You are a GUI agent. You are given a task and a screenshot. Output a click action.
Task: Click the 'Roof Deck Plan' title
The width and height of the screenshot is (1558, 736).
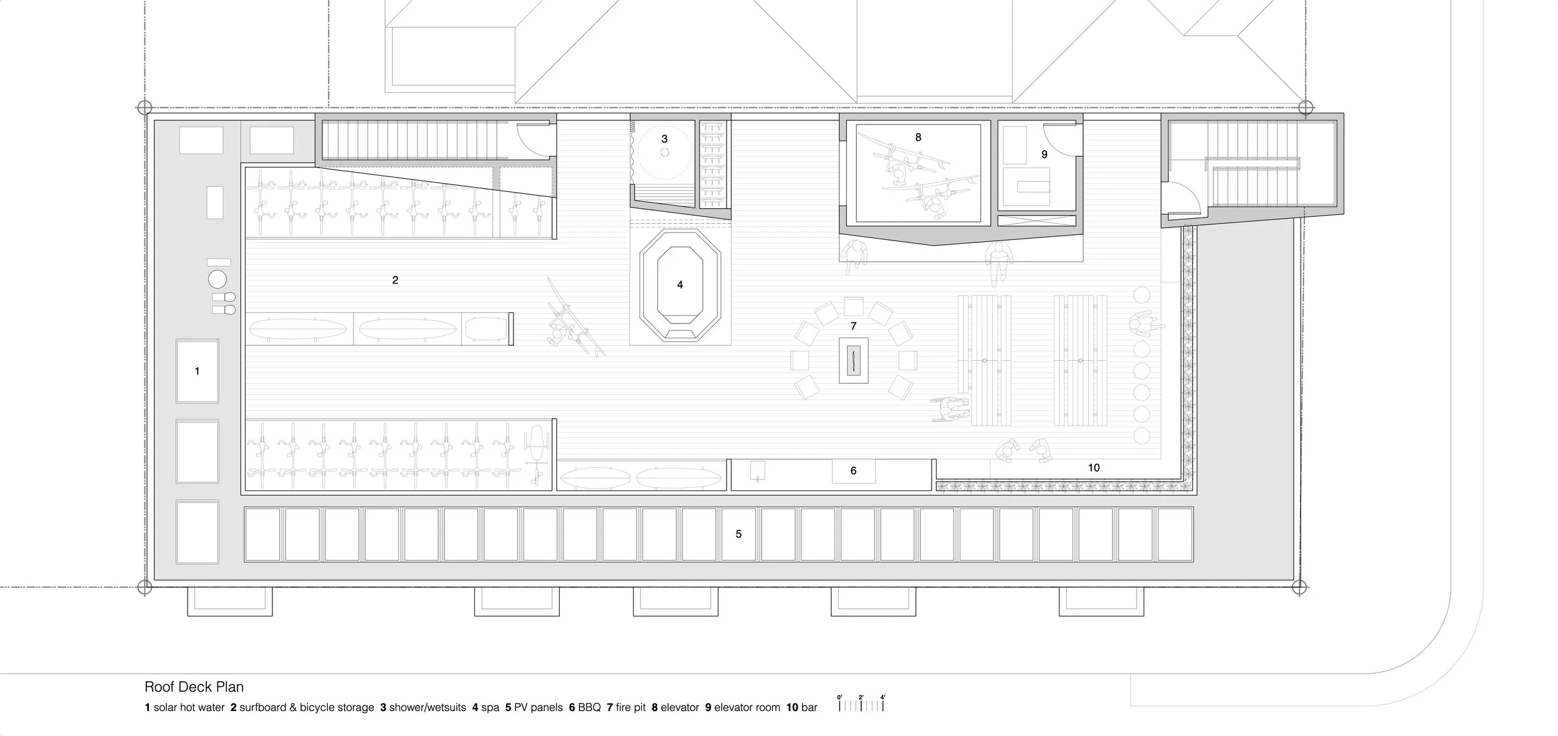click(x=194, y=687)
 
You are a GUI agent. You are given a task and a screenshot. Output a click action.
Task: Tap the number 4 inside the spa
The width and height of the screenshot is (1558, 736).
click(x=680, y=285)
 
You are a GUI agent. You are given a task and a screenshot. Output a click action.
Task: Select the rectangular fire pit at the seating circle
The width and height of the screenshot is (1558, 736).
click(x=853, y=360)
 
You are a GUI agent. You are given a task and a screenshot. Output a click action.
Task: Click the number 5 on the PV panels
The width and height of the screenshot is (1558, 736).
click(x=738, y=534)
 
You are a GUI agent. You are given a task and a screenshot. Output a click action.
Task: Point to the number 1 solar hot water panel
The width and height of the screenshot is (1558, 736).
click(x=198, y=371)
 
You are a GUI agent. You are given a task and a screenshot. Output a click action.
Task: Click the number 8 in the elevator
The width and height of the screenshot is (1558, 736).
click(x=918, y=137)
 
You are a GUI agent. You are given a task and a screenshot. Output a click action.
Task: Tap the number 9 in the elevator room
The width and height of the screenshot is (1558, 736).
click(x=1044, y=155)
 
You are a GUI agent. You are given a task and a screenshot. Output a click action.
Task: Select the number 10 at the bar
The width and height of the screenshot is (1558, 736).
click(x=1094, y=467)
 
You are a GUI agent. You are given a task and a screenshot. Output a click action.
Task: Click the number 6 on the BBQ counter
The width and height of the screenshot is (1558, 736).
click(x=854, y=471)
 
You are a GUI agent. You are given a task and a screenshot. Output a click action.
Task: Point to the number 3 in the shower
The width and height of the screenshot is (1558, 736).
click(x=664, y=139)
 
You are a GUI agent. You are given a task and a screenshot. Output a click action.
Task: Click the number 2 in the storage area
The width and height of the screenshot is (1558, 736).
click(x=395, y=280)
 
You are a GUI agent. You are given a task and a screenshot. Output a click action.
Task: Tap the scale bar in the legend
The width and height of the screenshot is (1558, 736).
click(x=861, y=702)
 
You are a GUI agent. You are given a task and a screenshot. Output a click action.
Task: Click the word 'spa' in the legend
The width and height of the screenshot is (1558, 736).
click(x=490, y=707)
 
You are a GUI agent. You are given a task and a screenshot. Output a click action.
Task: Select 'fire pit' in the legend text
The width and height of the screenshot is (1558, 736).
click(x=631, y=707)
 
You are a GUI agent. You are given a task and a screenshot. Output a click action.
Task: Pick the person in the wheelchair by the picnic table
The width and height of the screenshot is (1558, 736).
click(x=951, y=409)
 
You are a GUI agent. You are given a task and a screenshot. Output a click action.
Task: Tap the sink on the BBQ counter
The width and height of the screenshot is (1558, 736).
click(x=757, y=471)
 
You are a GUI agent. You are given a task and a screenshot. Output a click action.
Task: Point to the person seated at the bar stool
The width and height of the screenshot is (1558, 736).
click(x=1144, y=323)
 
